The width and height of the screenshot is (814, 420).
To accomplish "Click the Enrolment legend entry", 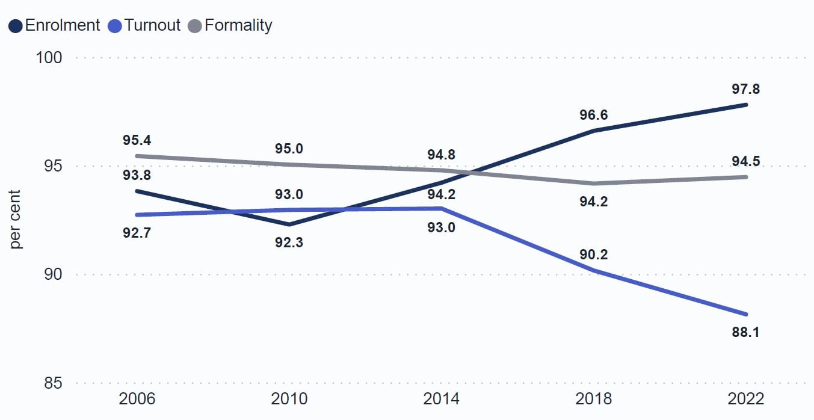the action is tap(54, 25).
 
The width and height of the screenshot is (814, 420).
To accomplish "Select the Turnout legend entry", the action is tap(144, 25).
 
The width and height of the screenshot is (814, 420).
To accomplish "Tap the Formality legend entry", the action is tap(230, 25).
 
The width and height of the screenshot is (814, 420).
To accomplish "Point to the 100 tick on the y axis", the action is tap(49, 58).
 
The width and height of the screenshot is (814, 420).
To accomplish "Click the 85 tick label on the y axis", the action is tap(53, 383).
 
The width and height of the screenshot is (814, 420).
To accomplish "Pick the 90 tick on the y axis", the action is tap(53, 274).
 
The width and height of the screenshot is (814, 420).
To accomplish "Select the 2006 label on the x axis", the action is tap(137, 399).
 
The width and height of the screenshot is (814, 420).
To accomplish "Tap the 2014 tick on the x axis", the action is tap(441, 399).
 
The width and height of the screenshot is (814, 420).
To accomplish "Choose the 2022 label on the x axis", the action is tap(745, 399).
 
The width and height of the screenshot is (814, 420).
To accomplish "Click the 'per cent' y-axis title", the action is tap(15, 220).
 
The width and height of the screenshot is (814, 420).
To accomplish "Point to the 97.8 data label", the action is tap(745, 89).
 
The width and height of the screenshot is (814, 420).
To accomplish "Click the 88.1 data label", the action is tap(745, 332).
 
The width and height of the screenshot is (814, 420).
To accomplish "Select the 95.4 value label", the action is tap(137, 140).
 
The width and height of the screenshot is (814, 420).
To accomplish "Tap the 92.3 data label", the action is tap(289, 242).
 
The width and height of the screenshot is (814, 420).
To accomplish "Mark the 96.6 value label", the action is tap(593, 115).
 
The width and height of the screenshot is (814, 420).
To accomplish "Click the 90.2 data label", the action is tap(593, 255).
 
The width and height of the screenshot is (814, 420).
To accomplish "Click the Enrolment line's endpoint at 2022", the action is tap(746, 105).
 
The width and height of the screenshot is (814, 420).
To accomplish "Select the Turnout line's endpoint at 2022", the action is tap(746, 315).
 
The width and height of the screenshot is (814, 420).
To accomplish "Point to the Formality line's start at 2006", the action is tap(137, 156).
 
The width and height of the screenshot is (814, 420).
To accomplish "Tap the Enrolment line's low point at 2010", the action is tap(289, 224).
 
